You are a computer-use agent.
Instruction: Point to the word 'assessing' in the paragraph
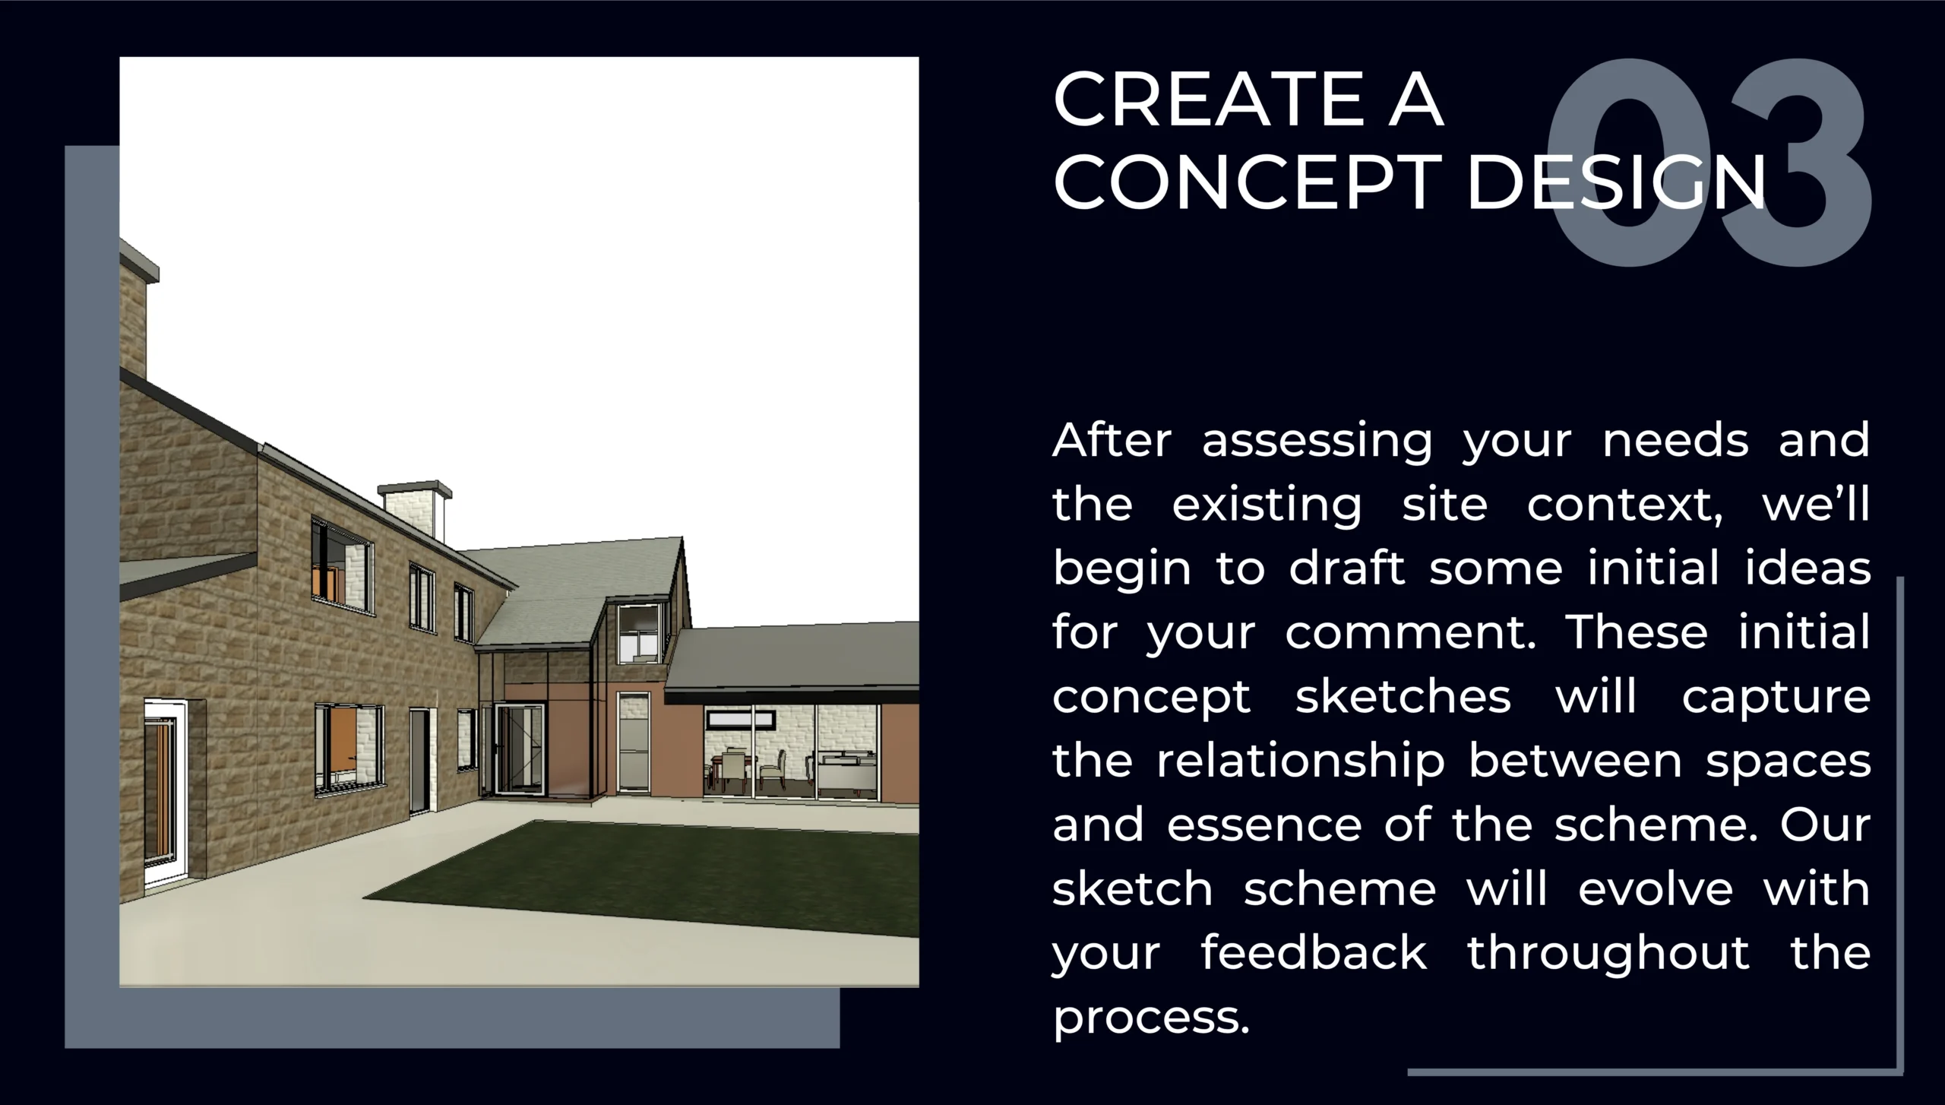point(1317,441)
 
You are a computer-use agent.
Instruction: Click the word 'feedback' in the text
point(1314,953)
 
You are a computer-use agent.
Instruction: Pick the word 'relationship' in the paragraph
point(1301,762)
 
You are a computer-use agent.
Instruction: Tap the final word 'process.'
point(1151,1018)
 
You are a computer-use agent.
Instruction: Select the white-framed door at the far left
point(166,794)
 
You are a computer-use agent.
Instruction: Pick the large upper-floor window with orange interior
point(342,566)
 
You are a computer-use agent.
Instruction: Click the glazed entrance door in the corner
point(520,749)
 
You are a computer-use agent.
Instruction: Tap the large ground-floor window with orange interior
point(349,748)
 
